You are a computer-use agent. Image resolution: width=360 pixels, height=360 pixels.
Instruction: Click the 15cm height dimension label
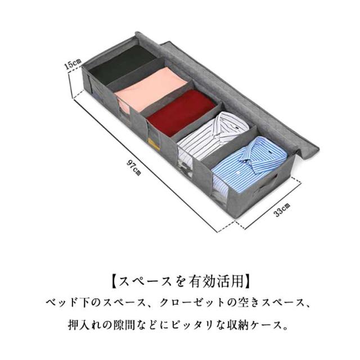coord(73,64)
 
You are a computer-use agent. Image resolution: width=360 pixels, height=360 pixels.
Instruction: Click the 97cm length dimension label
coord(134,168)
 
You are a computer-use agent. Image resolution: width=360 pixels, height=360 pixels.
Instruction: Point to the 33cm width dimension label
coord(281,210)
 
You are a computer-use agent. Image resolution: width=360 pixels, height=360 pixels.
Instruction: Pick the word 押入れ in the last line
coord(84,325)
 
